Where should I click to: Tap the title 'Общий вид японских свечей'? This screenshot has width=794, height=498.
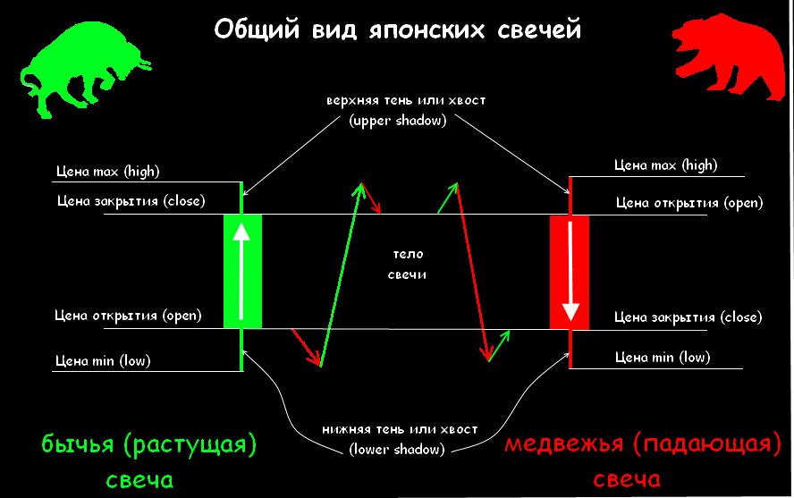(398, 30)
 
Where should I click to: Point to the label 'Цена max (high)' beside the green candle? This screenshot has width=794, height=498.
(106, 171)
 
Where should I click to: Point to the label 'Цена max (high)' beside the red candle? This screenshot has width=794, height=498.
(666, 165)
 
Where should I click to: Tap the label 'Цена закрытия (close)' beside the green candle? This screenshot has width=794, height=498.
(131, 201)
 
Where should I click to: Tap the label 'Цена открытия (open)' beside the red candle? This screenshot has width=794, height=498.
(689, 203)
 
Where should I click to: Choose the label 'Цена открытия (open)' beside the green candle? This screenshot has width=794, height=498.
(128, 316)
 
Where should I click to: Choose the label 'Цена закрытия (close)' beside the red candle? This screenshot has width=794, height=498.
(688, 317)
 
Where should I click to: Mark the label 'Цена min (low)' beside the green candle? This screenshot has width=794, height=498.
(103, 362)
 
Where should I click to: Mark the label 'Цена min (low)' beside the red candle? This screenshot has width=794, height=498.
(663, 358)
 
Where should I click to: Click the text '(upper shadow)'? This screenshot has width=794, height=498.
(397, 121)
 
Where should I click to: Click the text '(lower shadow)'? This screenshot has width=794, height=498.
(395, 450)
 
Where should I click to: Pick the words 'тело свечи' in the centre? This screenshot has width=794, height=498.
(407, 264)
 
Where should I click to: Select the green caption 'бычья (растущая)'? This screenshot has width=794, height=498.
(148, 444)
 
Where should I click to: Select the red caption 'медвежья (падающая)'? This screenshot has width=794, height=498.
(638, 444)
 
